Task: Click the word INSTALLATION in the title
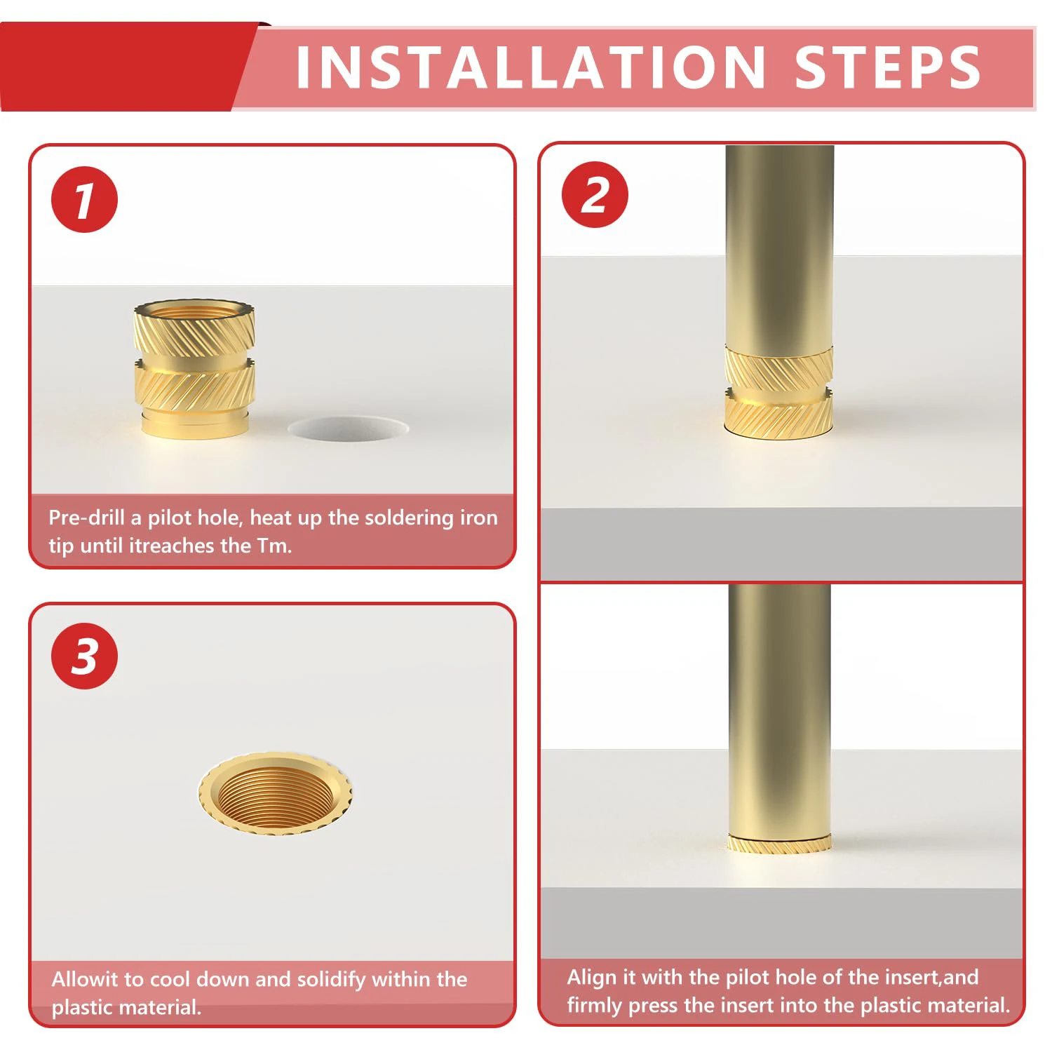tap(531, 67)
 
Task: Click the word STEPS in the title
tap(888, 67)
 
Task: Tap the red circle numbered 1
tap(84, 200)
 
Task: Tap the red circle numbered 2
tap(595, 195)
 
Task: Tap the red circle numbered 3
tap(85, 656)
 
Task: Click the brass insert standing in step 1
tap(194, 370)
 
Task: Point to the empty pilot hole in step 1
tap(348, 429)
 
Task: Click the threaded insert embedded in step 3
tap(275, 793)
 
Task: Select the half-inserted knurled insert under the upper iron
tap(778, 393)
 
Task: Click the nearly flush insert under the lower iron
tap(779, 844)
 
